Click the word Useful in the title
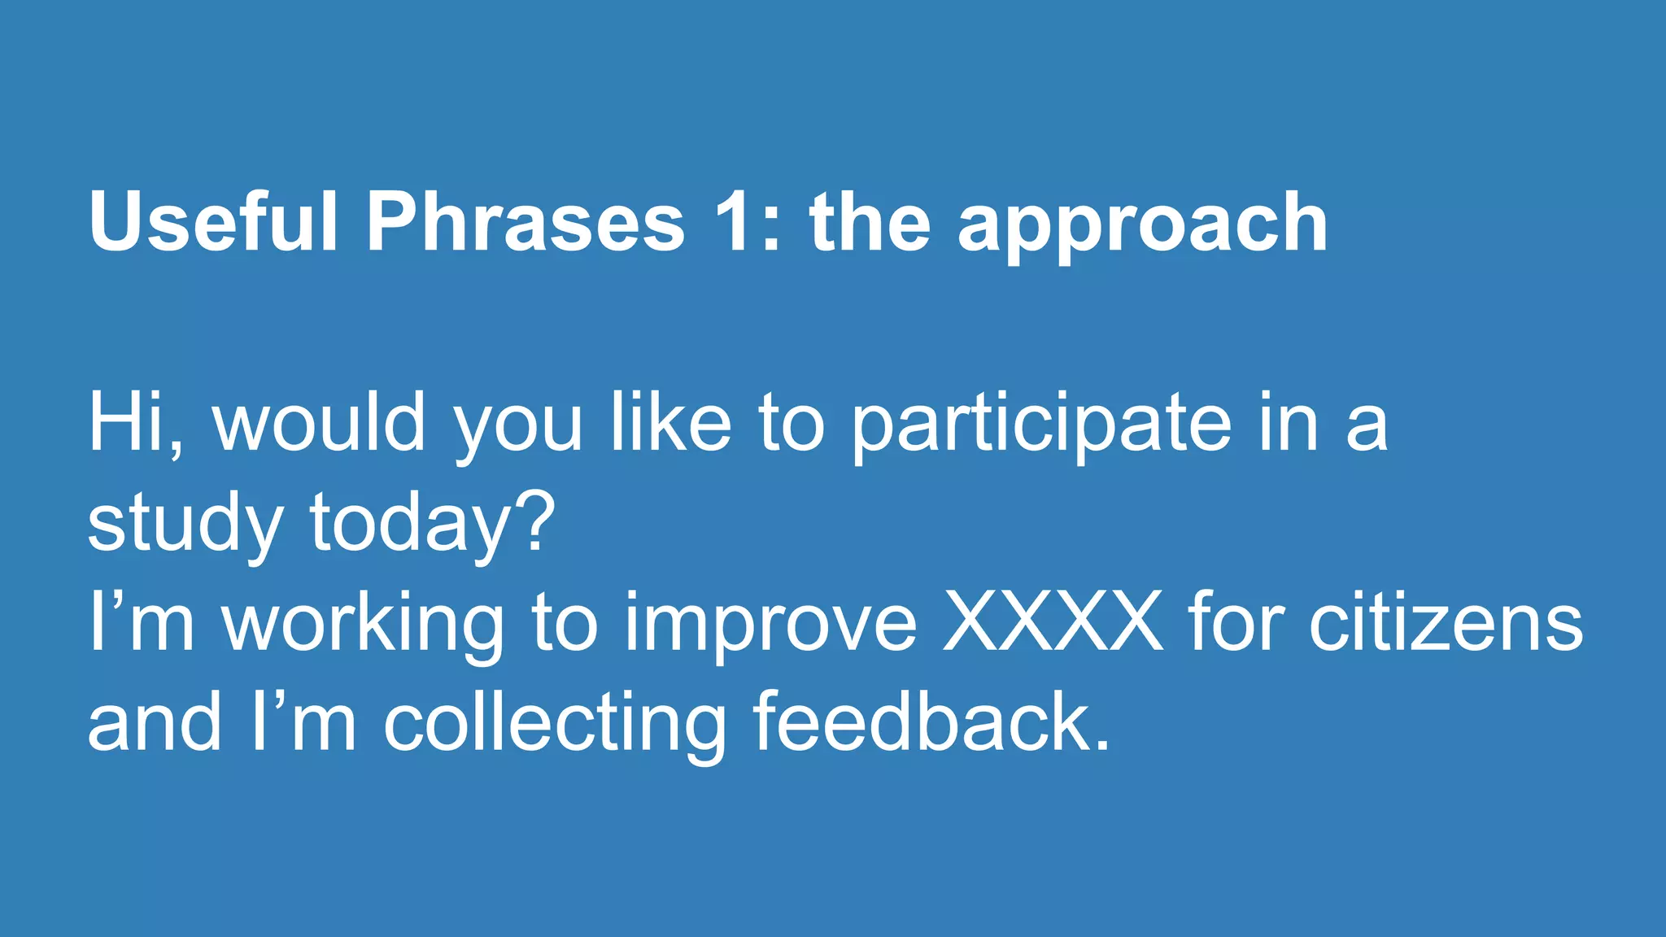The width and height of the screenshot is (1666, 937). (x=213, y=221)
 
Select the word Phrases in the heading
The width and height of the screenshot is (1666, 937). (x=526, y=221)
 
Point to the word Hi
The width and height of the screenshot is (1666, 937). (x=127, y=423)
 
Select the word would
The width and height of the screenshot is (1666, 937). (x=319, y=423)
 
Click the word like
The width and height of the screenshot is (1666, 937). (x=670, y=423)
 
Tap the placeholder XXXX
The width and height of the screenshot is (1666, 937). (x=1053, y=622)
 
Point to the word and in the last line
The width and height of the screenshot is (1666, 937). (x=155, y=722)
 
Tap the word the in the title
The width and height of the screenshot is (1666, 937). (x=870, y=221)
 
